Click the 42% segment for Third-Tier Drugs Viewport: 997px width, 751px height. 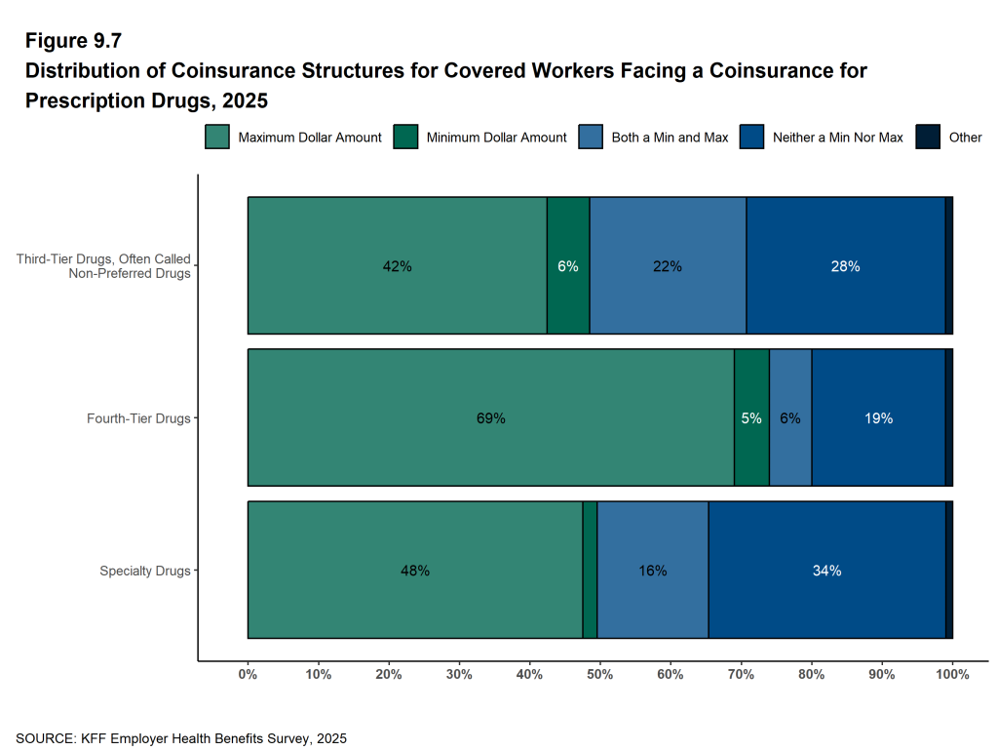(397, 266)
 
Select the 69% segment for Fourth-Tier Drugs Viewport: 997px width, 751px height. (490, 418)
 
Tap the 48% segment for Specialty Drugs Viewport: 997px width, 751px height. (415, 571)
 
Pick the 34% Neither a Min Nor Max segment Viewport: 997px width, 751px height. (826, 571)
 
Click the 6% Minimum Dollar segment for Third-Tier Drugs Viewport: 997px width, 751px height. (568, 266)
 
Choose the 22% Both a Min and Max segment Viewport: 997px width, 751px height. (668, 266)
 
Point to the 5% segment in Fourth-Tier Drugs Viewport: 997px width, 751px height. (751, 418)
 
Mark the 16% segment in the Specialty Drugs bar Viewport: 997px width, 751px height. (653, 571)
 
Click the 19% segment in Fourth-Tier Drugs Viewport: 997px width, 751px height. (878, 418)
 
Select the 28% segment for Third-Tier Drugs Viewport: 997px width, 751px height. (845, 266)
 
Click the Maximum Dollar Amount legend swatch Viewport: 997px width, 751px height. (216, 138)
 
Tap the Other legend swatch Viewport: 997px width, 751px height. (928, 138)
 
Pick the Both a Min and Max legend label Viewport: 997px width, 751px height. (670, 138)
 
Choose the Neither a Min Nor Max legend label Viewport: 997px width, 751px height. (837, 138)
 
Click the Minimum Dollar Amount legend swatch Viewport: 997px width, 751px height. (404, 138)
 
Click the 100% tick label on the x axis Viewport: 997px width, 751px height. (952, 674)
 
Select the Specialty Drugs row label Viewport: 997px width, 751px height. (145, 571)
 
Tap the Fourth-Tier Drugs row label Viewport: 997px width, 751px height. (138, 418)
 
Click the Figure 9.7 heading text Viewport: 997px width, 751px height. (73, 41)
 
